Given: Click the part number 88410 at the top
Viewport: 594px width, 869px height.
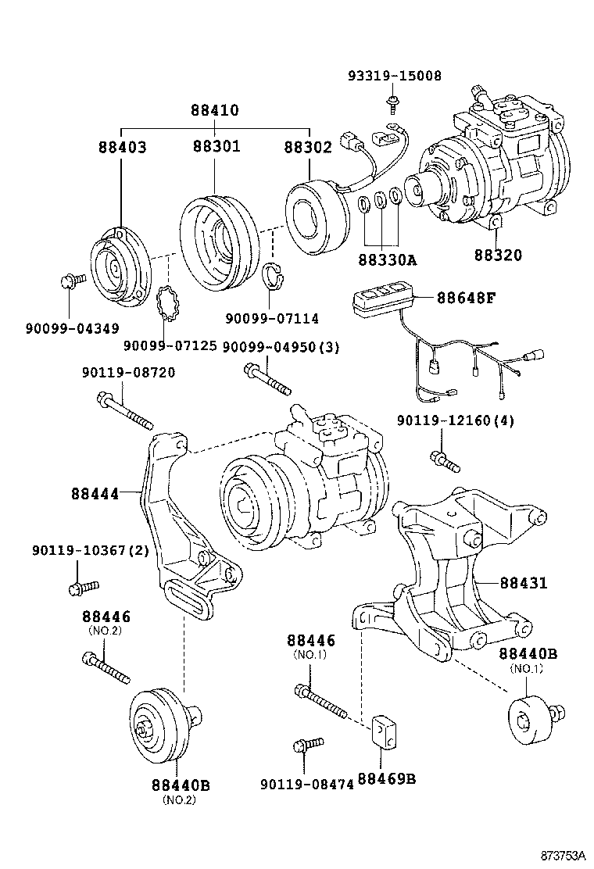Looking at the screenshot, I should click(x=215, y=110).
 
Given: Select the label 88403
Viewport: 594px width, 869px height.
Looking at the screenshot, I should click(x=122, y=146).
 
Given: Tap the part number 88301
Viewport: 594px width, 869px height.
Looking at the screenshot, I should click(x=216, y=146).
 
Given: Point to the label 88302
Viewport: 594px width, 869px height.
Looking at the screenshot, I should click(x=308, y=146).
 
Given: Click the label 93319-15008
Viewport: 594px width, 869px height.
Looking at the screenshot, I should click(x=395, y=76).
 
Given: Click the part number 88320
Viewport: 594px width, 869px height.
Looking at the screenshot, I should click(x=498, y=255).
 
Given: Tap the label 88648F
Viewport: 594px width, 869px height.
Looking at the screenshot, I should click(x=467, y=297).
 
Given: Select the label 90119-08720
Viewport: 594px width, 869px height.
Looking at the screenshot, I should click(x=127, y=373).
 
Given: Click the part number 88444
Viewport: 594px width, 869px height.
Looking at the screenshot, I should click(x=95, y=494).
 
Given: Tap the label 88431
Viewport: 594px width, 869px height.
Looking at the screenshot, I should click(x=524, y=583).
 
